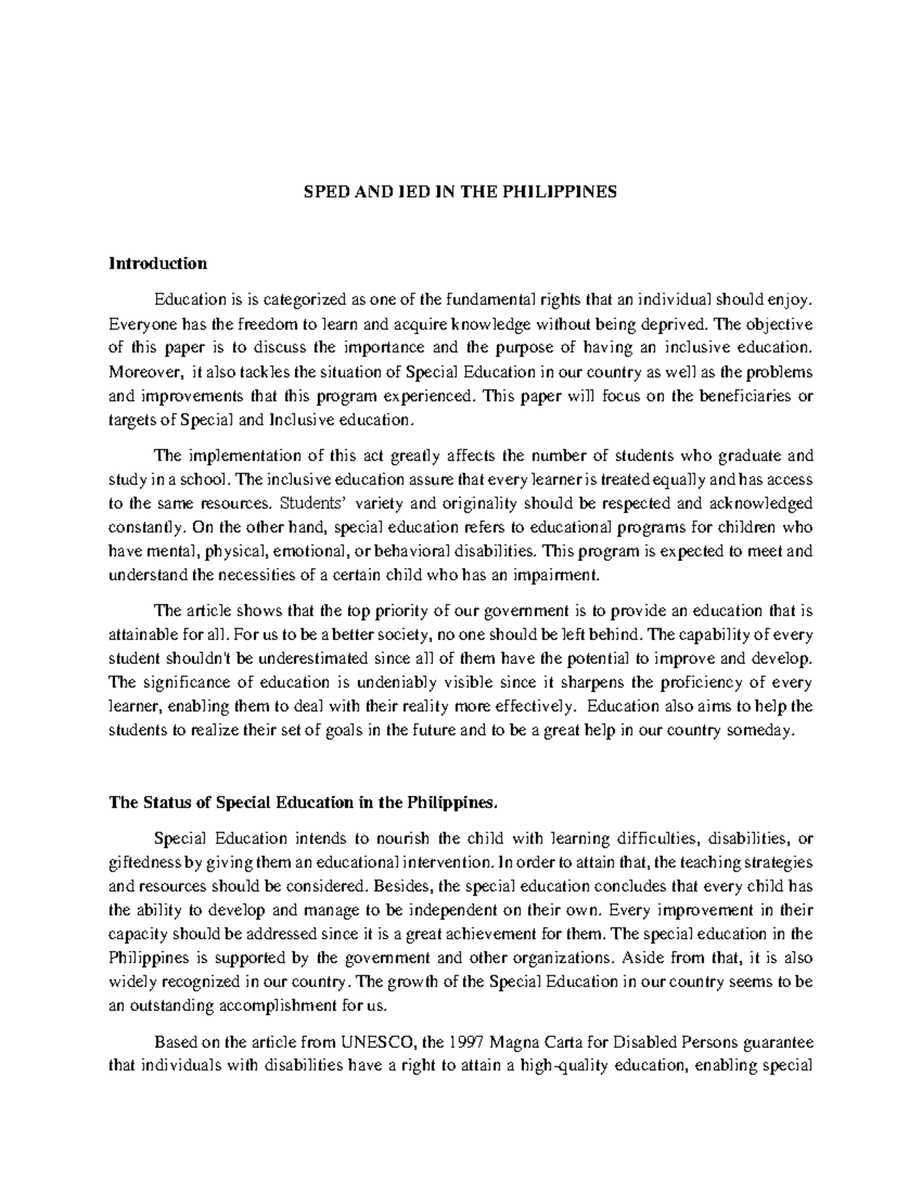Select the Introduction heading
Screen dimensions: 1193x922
click(x=158, y=263)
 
